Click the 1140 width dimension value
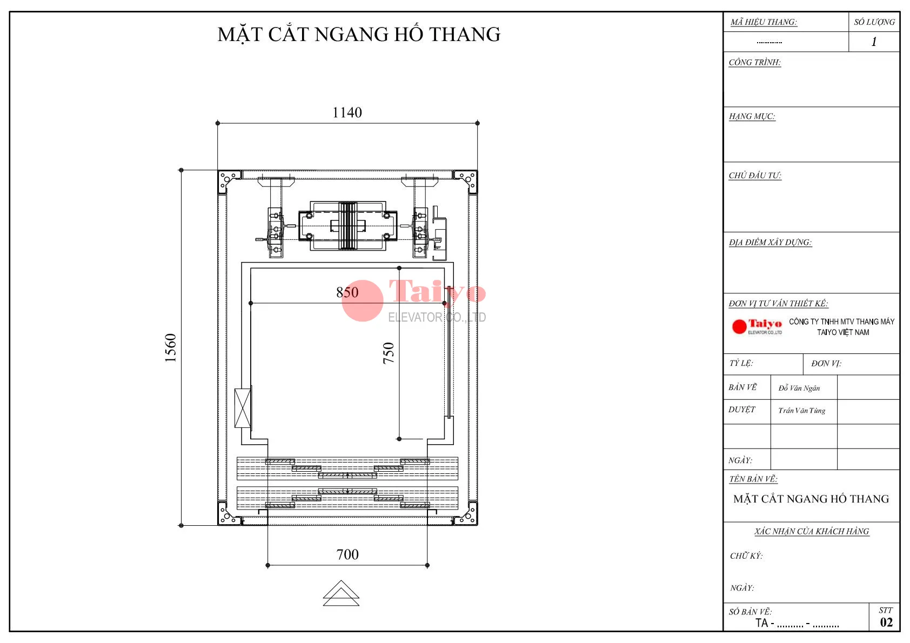(x=347, y=112)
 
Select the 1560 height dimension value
(x=171, y=348)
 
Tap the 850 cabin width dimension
(x=347, y=292)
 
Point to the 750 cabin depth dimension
(x=389, y=353)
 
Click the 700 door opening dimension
(x=347, y=555)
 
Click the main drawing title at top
(x=359, y=35)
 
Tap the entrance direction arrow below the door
(x=342, y=593)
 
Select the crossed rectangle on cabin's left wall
(x=243, y=408)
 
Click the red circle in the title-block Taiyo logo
(x=739, y=326)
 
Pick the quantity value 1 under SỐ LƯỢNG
(x=874, y=42)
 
